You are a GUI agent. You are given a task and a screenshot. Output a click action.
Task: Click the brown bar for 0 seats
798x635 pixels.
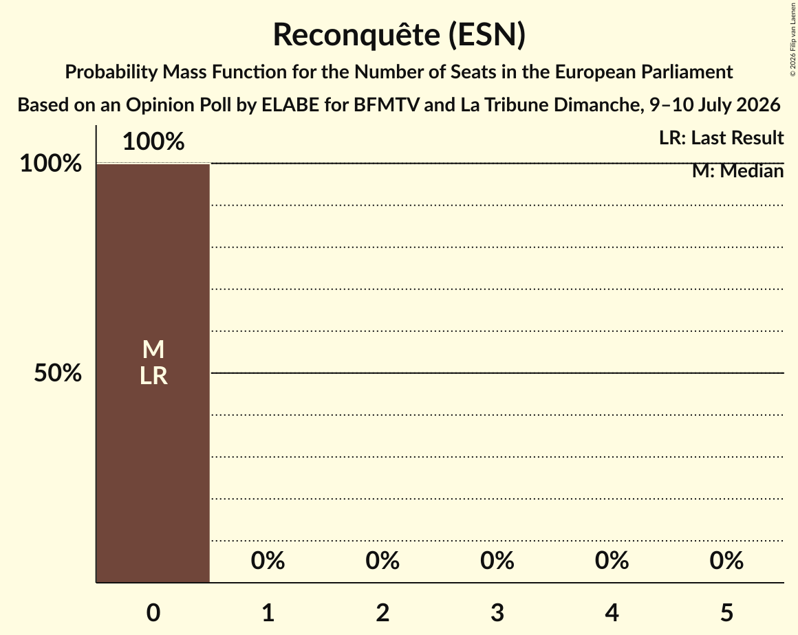153,373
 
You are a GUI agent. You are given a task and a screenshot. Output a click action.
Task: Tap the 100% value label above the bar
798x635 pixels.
153,142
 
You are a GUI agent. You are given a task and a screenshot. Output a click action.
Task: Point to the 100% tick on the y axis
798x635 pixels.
50,164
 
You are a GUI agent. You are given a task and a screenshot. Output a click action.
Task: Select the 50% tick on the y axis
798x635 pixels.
58,373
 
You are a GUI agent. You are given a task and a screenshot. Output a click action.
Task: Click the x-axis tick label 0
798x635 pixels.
153,612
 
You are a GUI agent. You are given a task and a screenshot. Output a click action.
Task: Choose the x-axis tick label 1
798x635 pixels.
268,612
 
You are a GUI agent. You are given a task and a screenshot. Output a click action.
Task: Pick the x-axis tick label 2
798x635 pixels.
382,612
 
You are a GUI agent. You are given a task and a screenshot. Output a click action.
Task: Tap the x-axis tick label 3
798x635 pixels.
497,612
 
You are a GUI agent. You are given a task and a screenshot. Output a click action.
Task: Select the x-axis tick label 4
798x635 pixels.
612,612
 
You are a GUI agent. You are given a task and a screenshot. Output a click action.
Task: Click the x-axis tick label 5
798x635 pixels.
726,612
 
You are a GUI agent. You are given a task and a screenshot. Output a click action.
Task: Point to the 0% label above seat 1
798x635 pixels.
268,561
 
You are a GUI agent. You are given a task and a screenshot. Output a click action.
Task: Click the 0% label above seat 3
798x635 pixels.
497,561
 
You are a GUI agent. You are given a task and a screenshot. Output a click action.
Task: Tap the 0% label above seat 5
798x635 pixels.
726,561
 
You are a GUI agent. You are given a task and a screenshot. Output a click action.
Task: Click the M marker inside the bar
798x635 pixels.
153,350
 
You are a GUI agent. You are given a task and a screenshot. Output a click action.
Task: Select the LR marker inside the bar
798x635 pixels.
153,376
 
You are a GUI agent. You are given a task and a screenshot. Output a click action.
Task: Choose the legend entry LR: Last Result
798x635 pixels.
721,137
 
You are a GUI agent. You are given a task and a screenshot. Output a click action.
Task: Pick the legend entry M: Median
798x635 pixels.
738,171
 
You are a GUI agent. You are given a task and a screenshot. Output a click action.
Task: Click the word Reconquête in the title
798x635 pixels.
357,34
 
